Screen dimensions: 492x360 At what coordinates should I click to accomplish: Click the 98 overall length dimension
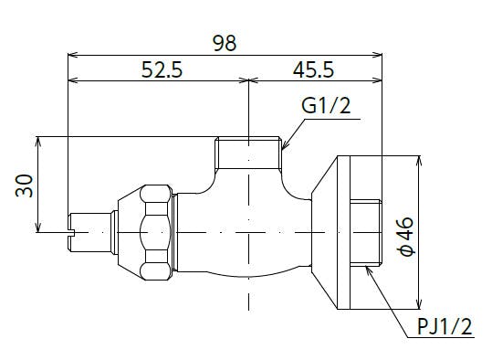225,43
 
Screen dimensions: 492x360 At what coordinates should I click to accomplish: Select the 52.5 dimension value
162,69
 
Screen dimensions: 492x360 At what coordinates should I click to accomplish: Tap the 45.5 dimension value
313,69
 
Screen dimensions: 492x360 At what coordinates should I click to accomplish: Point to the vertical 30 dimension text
24,186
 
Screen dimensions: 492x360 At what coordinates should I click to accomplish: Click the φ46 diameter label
406,237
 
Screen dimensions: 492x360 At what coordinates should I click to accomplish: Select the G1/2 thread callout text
326,106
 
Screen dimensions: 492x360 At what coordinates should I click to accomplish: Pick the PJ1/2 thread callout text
445,326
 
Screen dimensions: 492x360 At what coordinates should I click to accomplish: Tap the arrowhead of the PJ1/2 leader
369,271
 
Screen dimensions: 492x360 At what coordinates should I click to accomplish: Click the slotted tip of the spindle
70,232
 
